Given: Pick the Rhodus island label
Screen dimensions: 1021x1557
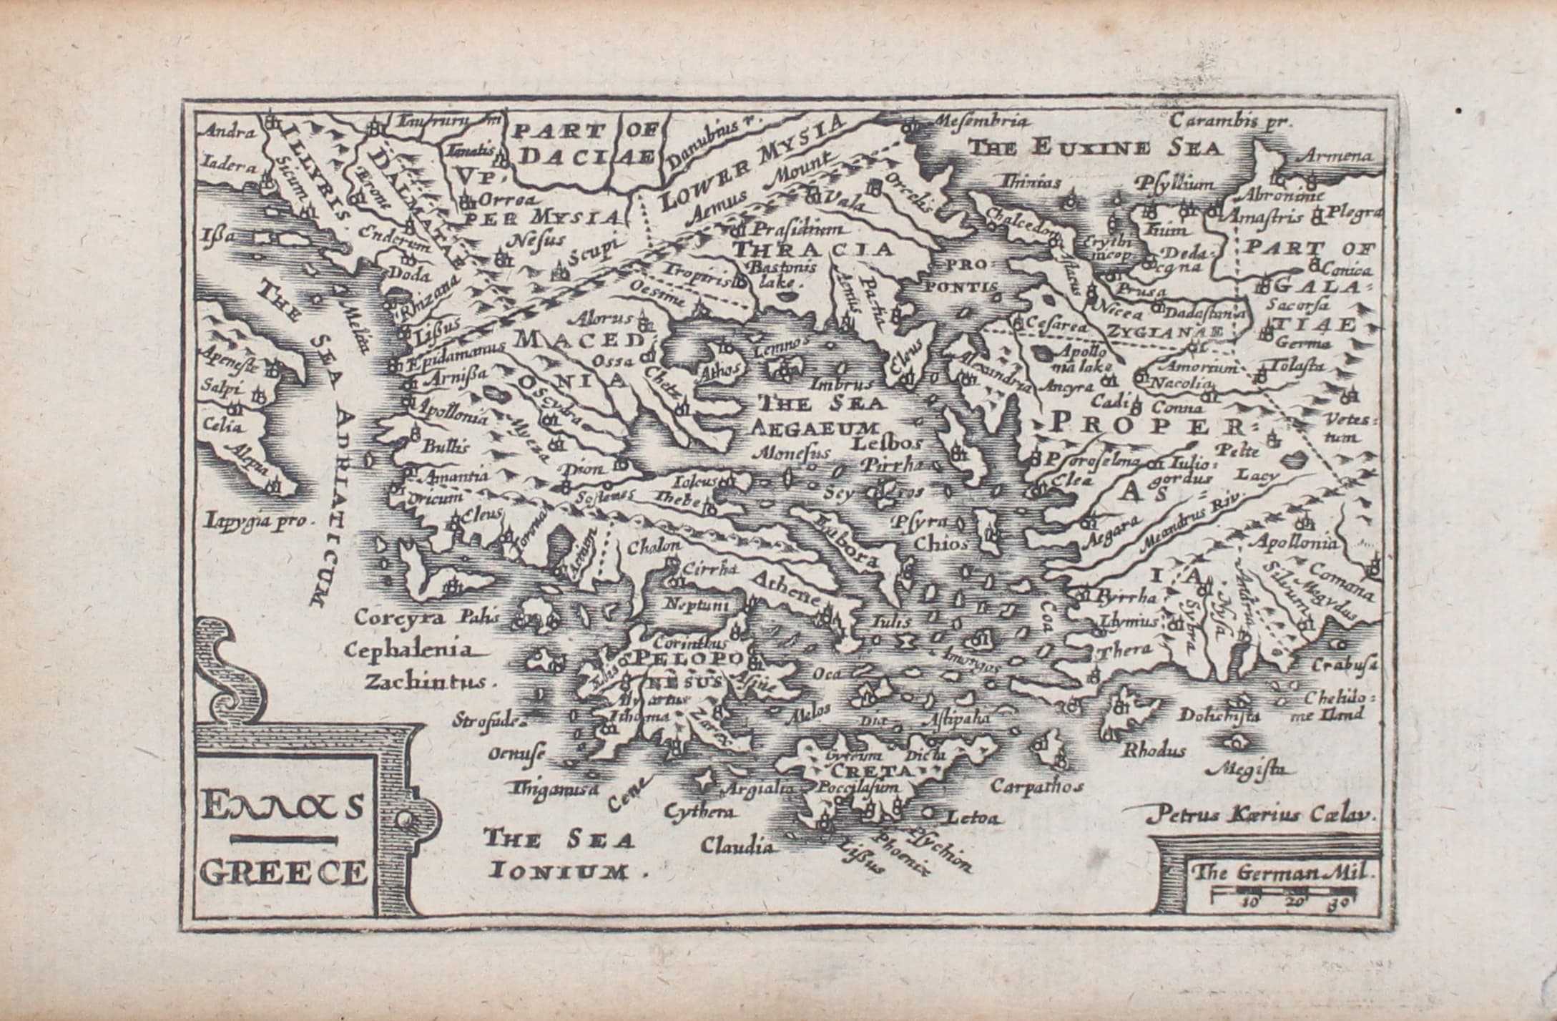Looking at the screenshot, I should (x=1155, y=751).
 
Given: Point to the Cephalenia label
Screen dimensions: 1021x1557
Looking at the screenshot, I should (x=409, y=650).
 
